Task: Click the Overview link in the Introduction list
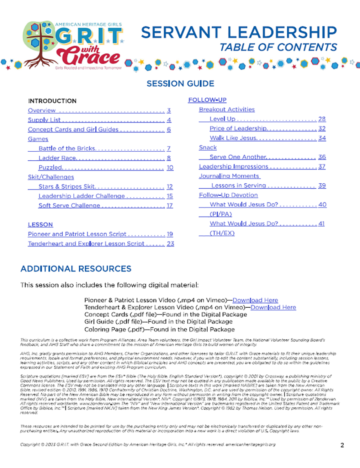click(x=42, y=110)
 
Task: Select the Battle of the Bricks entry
click(x=67, y=149)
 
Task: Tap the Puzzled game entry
click(x=50, y=168)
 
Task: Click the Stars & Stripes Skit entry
click(x=67, y=187)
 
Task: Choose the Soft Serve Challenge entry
click(x=69, y=206)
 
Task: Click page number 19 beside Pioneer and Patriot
click(x=170, y=234)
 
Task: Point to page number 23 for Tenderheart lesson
click(x=170, y=244)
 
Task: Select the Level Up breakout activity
click(x=222, y=119)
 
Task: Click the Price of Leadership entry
click(x=238, y=129)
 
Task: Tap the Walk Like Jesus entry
click(x=233, y=138)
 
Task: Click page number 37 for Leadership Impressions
click(x=321, y=167)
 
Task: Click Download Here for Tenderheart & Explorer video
click(x=273, y=307)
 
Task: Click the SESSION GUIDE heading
click(x=180, y=83)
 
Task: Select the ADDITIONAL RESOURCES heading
click(x=76, y=269)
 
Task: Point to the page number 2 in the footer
click(x=342, y=445)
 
